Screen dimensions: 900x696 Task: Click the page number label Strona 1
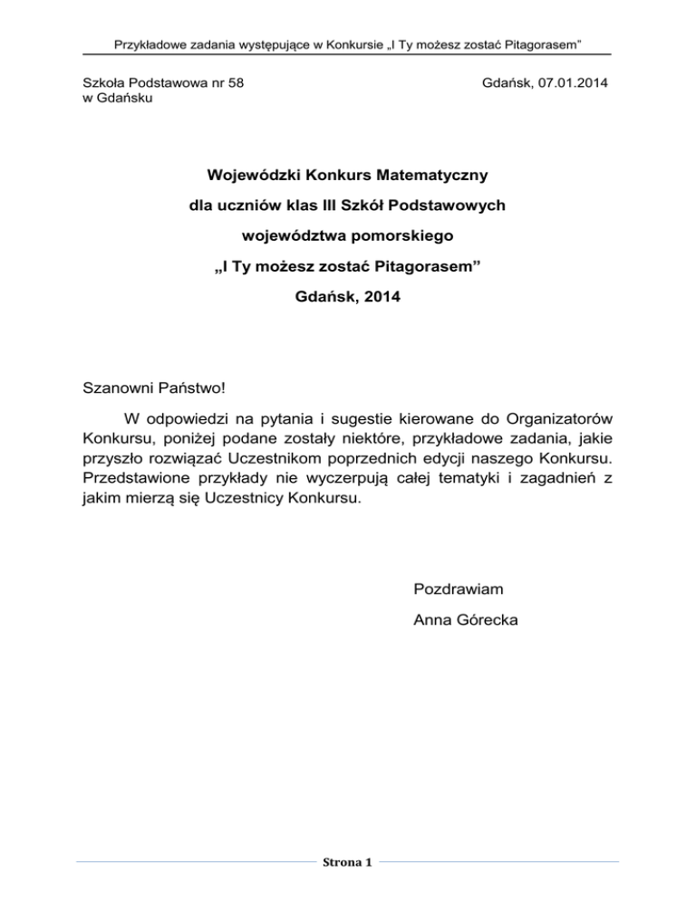click(x=348, y=860)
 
